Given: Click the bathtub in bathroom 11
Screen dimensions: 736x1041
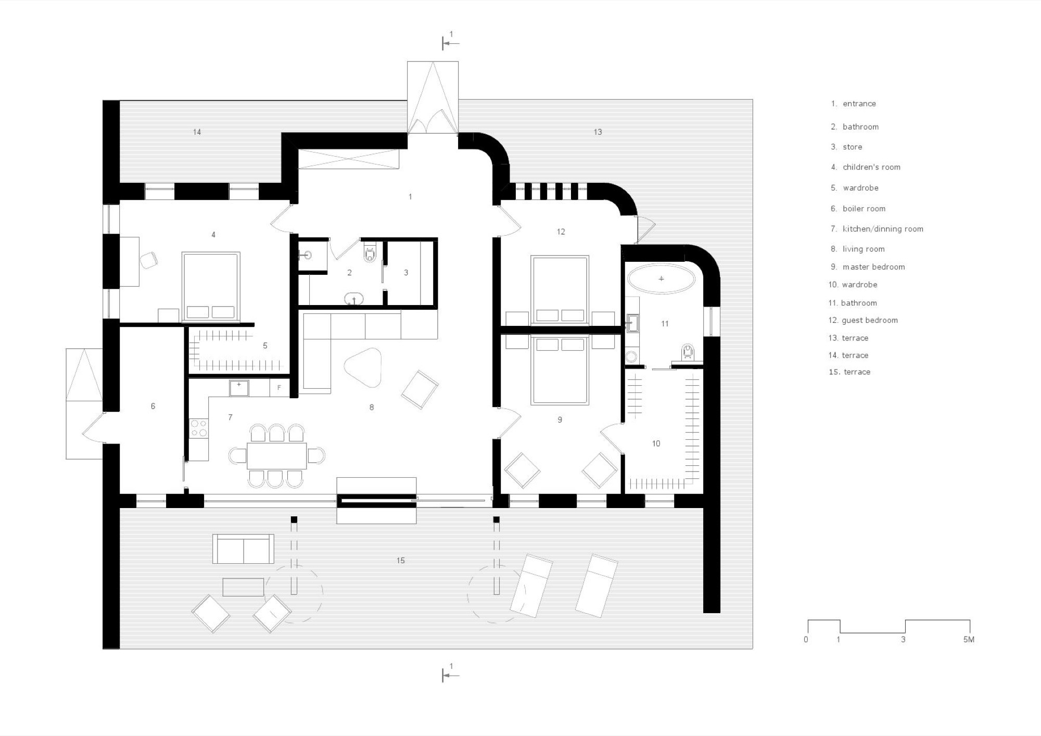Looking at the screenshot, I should (661, 279).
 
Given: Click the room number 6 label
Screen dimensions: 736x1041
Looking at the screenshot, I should (153, 406).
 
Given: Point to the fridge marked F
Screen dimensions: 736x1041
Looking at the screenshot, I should (279, 388).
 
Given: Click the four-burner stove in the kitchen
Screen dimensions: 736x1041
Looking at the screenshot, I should (198, 428).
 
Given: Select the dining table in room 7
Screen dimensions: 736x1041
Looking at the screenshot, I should (276, 455).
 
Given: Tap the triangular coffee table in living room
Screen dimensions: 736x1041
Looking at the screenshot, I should (363, 367).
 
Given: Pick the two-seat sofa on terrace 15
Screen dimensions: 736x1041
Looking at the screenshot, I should (243, 549).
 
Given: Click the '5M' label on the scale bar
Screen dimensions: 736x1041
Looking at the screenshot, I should (968, 639).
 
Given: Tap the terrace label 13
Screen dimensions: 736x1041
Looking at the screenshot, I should (598, 132).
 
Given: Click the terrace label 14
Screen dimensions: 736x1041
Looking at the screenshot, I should (197, 132).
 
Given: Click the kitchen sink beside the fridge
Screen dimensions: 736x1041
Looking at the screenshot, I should (239, 388).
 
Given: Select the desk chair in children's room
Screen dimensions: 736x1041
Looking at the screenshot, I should (149, 260).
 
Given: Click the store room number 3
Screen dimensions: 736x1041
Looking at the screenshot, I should (406, 272).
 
